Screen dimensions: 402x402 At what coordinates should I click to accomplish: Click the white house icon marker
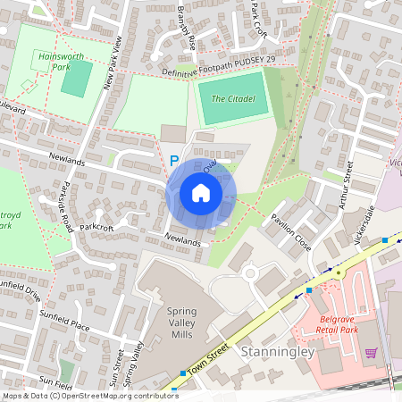[x=201, y=193]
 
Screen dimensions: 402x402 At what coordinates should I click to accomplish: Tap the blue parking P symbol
[x=174, y=161]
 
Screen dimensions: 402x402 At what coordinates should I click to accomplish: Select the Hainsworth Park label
[x=61, y=60]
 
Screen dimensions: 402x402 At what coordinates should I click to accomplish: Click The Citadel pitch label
[x=233, y=97]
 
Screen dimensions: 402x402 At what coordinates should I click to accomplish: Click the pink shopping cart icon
[x=371, y=353]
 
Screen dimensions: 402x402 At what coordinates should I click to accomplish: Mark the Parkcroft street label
[x=96, y=228]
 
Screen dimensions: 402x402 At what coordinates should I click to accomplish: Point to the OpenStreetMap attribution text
[x=90, y=395]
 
